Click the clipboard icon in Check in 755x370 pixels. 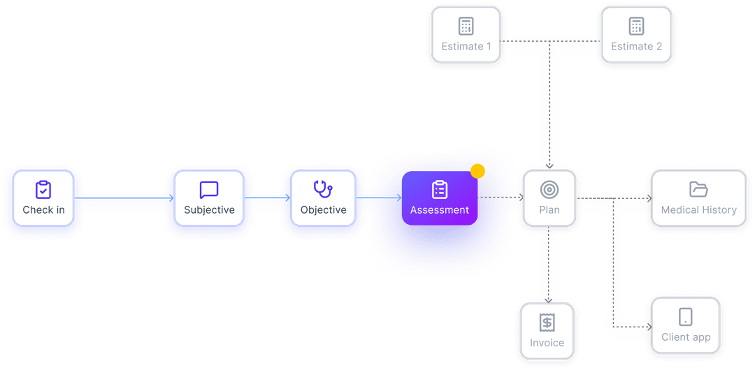tap(43, 189)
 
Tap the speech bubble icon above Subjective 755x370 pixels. tap(209, 190)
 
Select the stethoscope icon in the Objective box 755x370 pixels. tap(323, 188)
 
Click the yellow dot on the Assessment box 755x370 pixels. tap(478, 171)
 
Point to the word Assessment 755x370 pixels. tap(439, 210)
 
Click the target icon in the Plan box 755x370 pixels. tap(549, 189)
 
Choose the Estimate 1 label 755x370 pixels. tap(466, 46)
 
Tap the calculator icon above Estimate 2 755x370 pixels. tap(636, 26)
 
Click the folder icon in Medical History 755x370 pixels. tap(698, 189)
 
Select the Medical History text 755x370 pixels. tap(698, 210)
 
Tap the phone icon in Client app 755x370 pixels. tap(685, 316)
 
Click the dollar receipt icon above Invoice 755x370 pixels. tap(547, 323)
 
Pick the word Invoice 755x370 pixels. tap(547, 343)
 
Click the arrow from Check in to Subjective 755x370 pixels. tap(124, 198)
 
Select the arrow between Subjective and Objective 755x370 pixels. tap(267, 198)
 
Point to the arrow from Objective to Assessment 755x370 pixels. tap(379, 198)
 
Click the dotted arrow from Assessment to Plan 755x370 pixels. tap(501, 198)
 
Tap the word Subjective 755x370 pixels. tap(209, 210)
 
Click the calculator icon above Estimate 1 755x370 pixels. tap(466, 26)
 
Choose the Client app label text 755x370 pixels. tap(686, 337)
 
